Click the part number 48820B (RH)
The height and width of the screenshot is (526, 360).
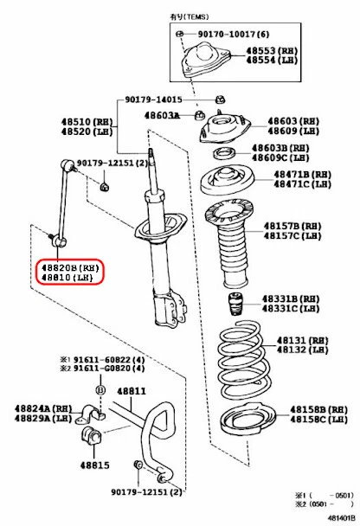(x=69, y=268)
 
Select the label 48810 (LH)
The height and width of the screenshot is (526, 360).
(x=67, y=279)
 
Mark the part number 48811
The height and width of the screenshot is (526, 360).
(x=132, y=390)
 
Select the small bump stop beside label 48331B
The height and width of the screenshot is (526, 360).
(x=233, y=307)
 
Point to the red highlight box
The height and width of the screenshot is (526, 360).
(x=68, y=273)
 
